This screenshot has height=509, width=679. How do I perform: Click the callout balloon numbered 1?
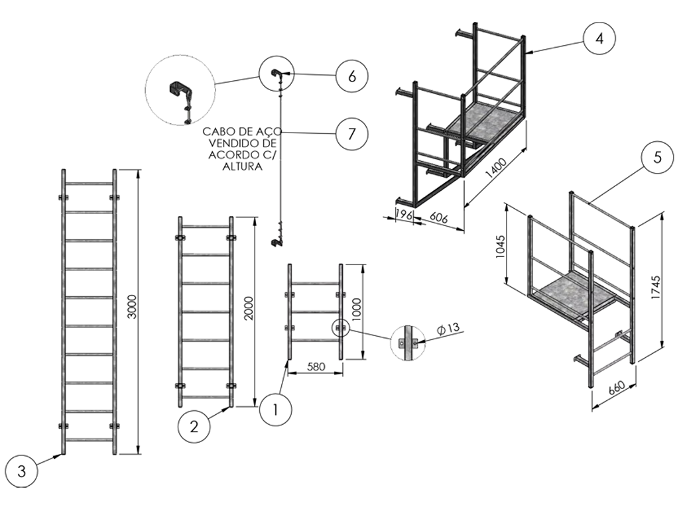pos(275,410)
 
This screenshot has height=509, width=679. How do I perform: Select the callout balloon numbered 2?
pos(194,427)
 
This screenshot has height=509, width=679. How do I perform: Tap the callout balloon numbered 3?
pos(22,471)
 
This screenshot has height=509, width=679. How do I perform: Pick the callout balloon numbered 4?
pos(599,38)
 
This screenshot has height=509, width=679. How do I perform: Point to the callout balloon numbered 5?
pos(657,157)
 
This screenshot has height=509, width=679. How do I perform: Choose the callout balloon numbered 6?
pos(352,76)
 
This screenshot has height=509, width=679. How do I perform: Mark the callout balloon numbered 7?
pos(351,134)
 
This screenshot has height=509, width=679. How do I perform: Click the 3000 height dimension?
pos(133,307)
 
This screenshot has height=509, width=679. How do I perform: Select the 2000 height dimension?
pos(249,308)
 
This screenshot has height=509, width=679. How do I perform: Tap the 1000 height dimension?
pos(356,310)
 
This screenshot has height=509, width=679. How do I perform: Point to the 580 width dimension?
pos(316,367)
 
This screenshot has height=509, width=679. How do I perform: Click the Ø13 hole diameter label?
pos(448,329)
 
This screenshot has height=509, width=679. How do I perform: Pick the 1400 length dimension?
pos(496,168)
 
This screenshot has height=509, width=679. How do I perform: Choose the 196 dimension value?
pos(404,214)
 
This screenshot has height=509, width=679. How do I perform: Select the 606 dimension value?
pos(438,217)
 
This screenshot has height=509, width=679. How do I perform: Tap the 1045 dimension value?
pos(500,247)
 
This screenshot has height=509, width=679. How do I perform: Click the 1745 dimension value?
pos(656,288)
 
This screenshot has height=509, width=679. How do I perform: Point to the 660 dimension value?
pos(617,387)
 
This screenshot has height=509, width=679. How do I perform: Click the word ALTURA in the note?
pos(242,166)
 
